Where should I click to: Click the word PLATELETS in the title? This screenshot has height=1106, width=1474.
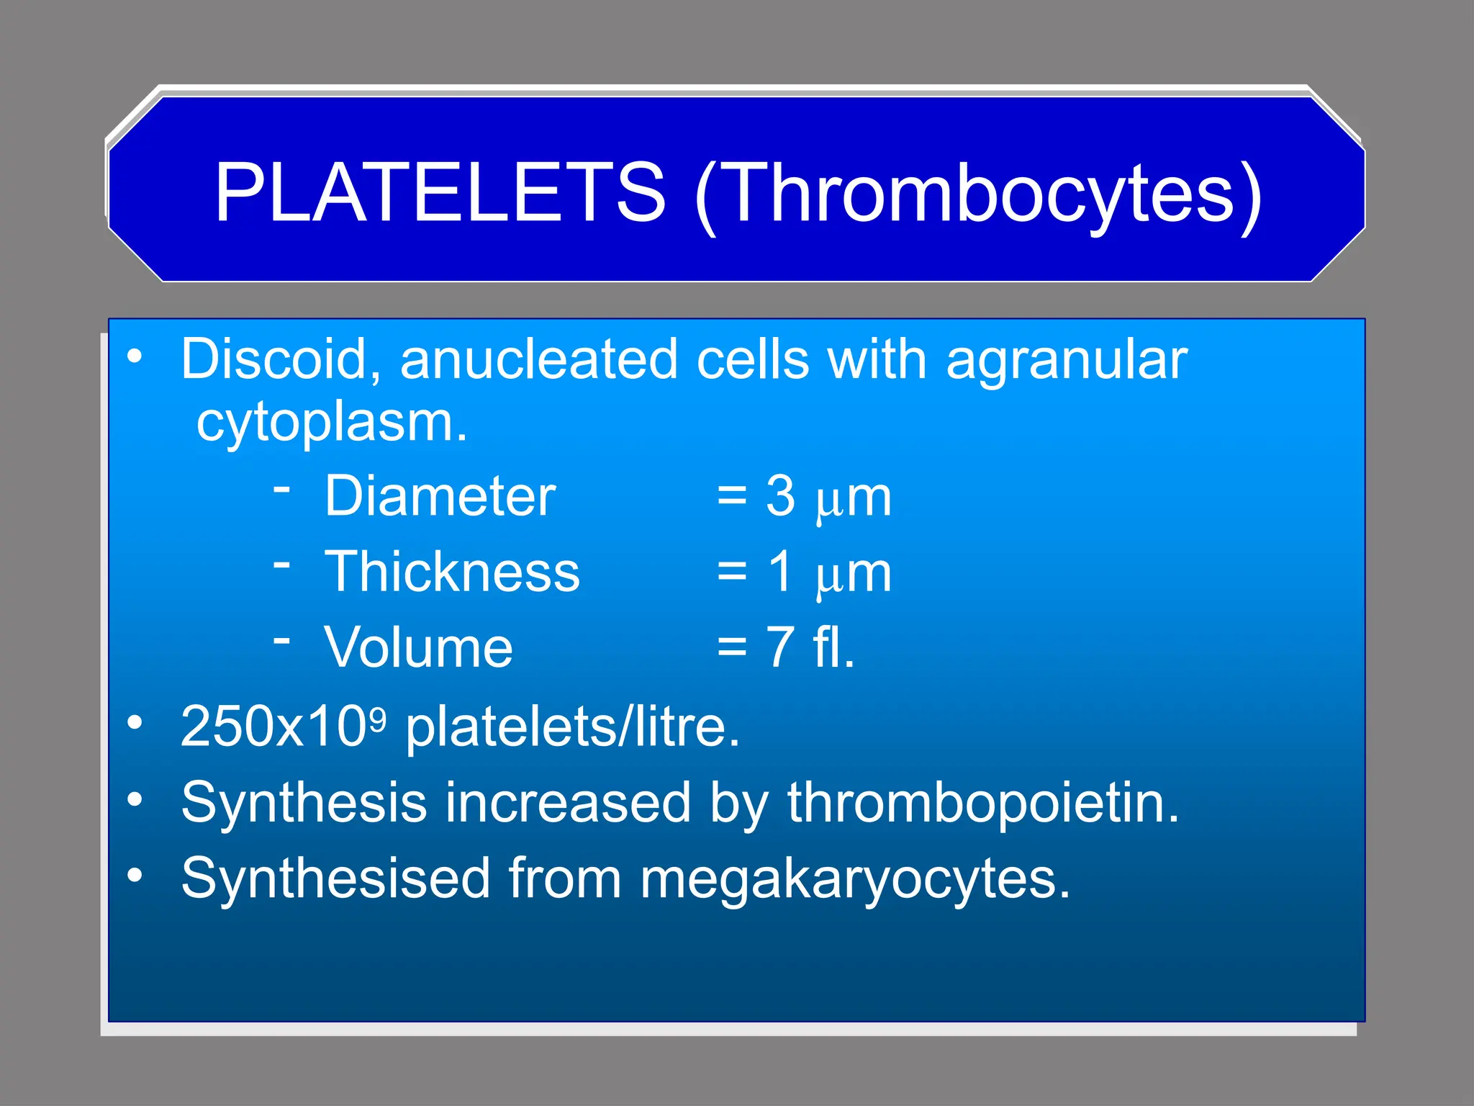pyautogui.click(x=440, y=192)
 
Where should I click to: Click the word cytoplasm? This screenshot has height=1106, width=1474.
pyautogui.click(x=332, y=423)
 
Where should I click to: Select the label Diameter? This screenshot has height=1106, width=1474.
pyautogui.click(x=440, y=496)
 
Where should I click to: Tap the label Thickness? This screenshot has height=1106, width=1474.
pyautogui.click(x=452, y=572)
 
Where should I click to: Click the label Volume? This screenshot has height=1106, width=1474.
pyautogui.click(x=418, y=647)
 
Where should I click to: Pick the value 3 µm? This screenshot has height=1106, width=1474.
pyautogui.click(x=828, y=498)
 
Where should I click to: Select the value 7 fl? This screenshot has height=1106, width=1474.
pyautogui.click(x=810, y=647)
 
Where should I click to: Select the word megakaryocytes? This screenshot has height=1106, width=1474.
pyautogui.click(x=854, y=880)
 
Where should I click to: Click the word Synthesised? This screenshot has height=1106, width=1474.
pyautogui.click(x=335, y=878)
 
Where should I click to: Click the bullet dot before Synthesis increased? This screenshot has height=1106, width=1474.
pyautogui.click(x=135, y=799)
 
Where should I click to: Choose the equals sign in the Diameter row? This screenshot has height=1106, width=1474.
pyautogui.click(x=731, y=498)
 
